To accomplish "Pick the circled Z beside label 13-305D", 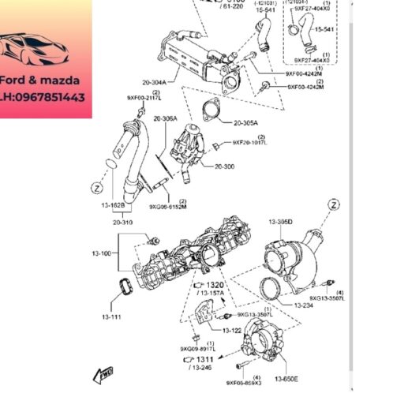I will [x=336, y=205].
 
